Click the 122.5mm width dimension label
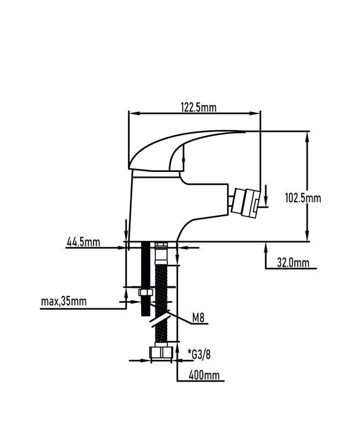(198, 107)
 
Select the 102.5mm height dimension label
(303, 198)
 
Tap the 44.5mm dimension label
(83, 241)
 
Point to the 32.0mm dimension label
(293, 263)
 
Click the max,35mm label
(64, 302)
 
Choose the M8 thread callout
(198, 318)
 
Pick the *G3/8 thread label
(199, 354)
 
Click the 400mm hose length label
(204, 375)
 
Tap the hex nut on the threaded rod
(146, 293)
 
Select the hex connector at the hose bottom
(160, 352)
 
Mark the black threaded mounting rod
(146, 279)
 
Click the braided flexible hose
(161, 303)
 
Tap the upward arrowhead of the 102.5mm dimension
(307, 138)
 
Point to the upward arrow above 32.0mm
(266, 255)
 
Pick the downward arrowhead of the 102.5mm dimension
(307, 235)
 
